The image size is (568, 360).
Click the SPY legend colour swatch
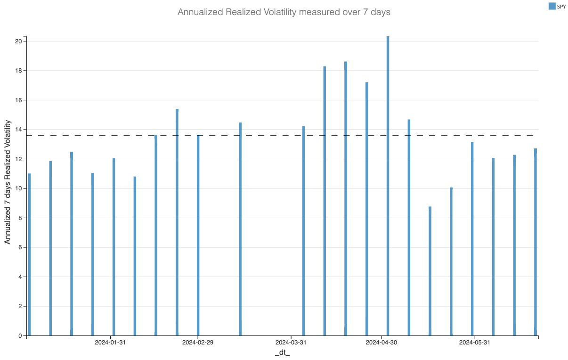pos(552,6)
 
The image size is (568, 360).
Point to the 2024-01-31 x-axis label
pos(110,342)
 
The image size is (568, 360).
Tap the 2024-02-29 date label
pos(198,342)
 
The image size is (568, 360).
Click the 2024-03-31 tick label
pos(291,342)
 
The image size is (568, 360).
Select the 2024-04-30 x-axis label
pos(381,342)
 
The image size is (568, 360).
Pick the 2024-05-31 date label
pos(474,342)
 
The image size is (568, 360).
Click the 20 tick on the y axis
pos(19,41)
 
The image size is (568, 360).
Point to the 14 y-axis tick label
pos(19,130)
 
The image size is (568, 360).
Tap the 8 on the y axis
pos(20,218)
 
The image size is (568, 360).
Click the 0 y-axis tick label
pos(20,336)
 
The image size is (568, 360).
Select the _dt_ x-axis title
pos(282,352)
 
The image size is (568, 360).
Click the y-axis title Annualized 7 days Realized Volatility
pos(8,181)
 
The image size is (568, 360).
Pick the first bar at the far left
pos(29,254)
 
